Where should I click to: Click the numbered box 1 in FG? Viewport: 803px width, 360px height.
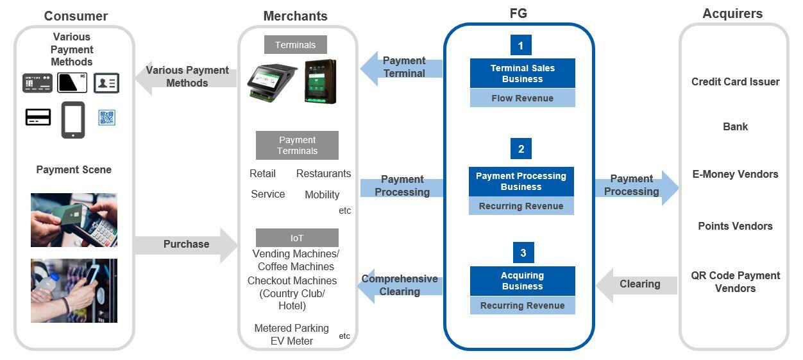[x=521, y=45]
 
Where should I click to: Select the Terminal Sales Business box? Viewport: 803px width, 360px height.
[x=522, y=73]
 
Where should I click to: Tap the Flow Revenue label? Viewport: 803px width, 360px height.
[x=522, y=98]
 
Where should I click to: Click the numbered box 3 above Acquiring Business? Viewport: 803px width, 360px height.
[x=523, y=253]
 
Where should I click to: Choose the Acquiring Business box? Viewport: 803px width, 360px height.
[x=522, y=281]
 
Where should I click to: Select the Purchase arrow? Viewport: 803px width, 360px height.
[x=186, y=244]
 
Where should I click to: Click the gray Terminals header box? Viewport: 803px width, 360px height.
[x=295, y=45]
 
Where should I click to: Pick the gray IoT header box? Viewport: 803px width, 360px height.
[x=297, y=238]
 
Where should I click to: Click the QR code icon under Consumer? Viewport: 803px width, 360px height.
[x=106, y=117]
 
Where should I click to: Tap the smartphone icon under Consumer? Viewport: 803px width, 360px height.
[x=73, y=120]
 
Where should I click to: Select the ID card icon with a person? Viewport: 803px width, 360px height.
[x=106, y=83]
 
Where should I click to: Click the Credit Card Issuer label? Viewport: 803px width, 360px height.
[x=735, y=81]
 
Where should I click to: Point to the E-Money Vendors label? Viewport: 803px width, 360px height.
[x=735, y=174]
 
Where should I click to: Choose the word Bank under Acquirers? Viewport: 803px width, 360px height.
[x=735, y=126]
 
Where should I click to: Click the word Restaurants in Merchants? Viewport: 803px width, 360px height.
[x=323, y=173]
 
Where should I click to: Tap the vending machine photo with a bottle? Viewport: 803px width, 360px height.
[x=74, y=290]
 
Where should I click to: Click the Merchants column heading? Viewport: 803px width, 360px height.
[x=295, y=16]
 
